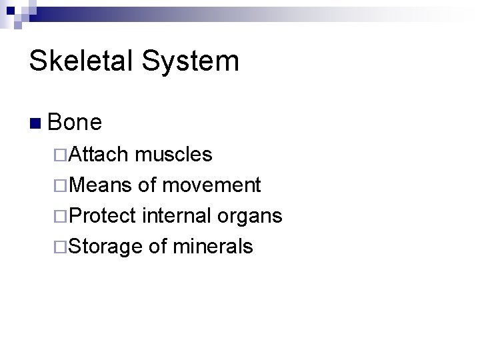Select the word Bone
click(x=75, y=122)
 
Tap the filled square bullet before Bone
click(x=35, y=123)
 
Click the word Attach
click(x=98, y=155)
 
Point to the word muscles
click(x=173, y=155)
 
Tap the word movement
click(x=212, y=185)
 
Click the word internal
click(x=175, y=216)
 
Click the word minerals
click(x=213, y=247)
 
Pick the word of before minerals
click(x=157, y=247)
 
